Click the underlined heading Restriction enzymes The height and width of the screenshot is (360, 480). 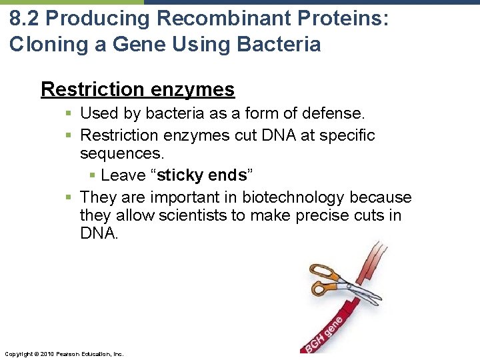137,89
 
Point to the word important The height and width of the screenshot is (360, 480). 194,197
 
